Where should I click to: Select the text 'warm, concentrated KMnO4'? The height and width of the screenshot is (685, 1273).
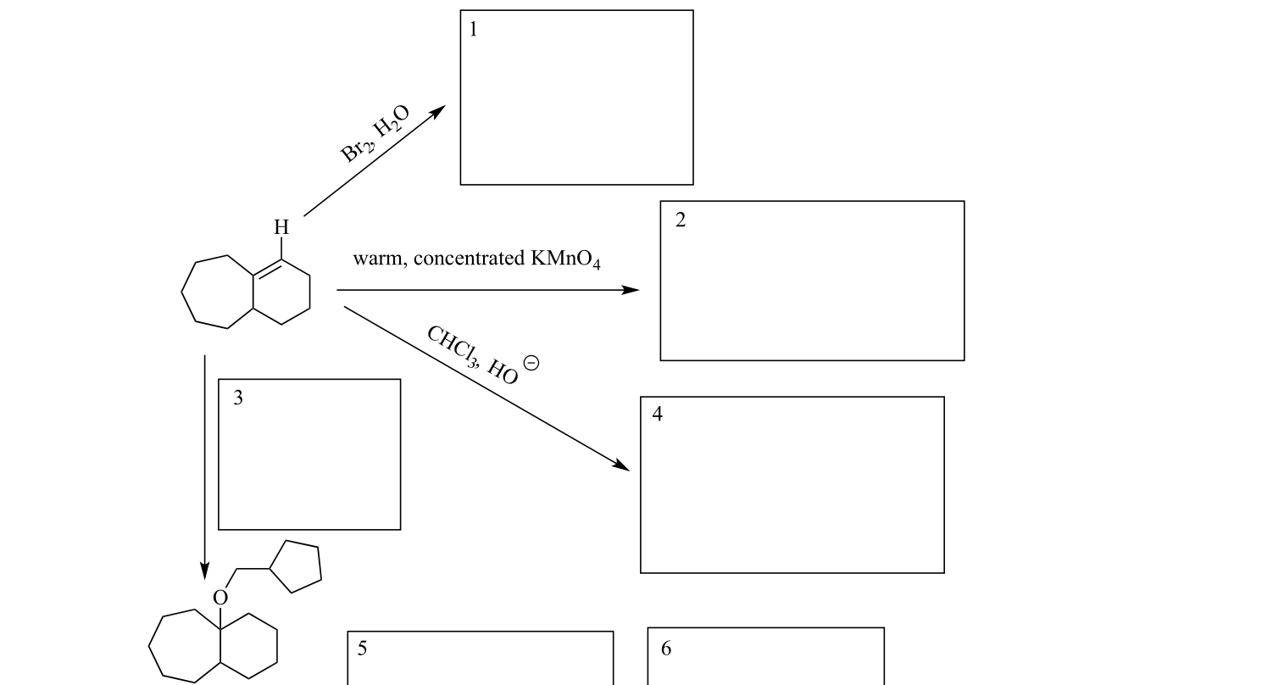tap(476, 259)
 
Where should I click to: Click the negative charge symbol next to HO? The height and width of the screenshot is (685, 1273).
tap(531, 363)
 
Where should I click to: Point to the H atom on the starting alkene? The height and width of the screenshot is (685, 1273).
tap(281, 227)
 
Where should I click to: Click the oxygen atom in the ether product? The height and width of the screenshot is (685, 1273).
tap(220, 598)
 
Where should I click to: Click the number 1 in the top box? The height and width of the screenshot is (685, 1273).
tap(474, 30)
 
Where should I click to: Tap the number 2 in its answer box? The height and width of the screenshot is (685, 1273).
tap(681, 220)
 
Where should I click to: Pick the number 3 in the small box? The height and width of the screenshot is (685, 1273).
tap(238, 398)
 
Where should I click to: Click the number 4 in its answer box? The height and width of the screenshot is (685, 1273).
tap(658, 414)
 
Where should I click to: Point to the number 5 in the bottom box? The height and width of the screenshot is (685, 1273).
tap(362, 649)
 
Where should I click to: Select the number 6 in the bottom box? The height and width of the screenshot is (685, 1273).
tap(665, 649)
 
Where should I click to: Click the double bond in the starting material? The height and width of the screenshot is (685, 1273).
tap(270, 267)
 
